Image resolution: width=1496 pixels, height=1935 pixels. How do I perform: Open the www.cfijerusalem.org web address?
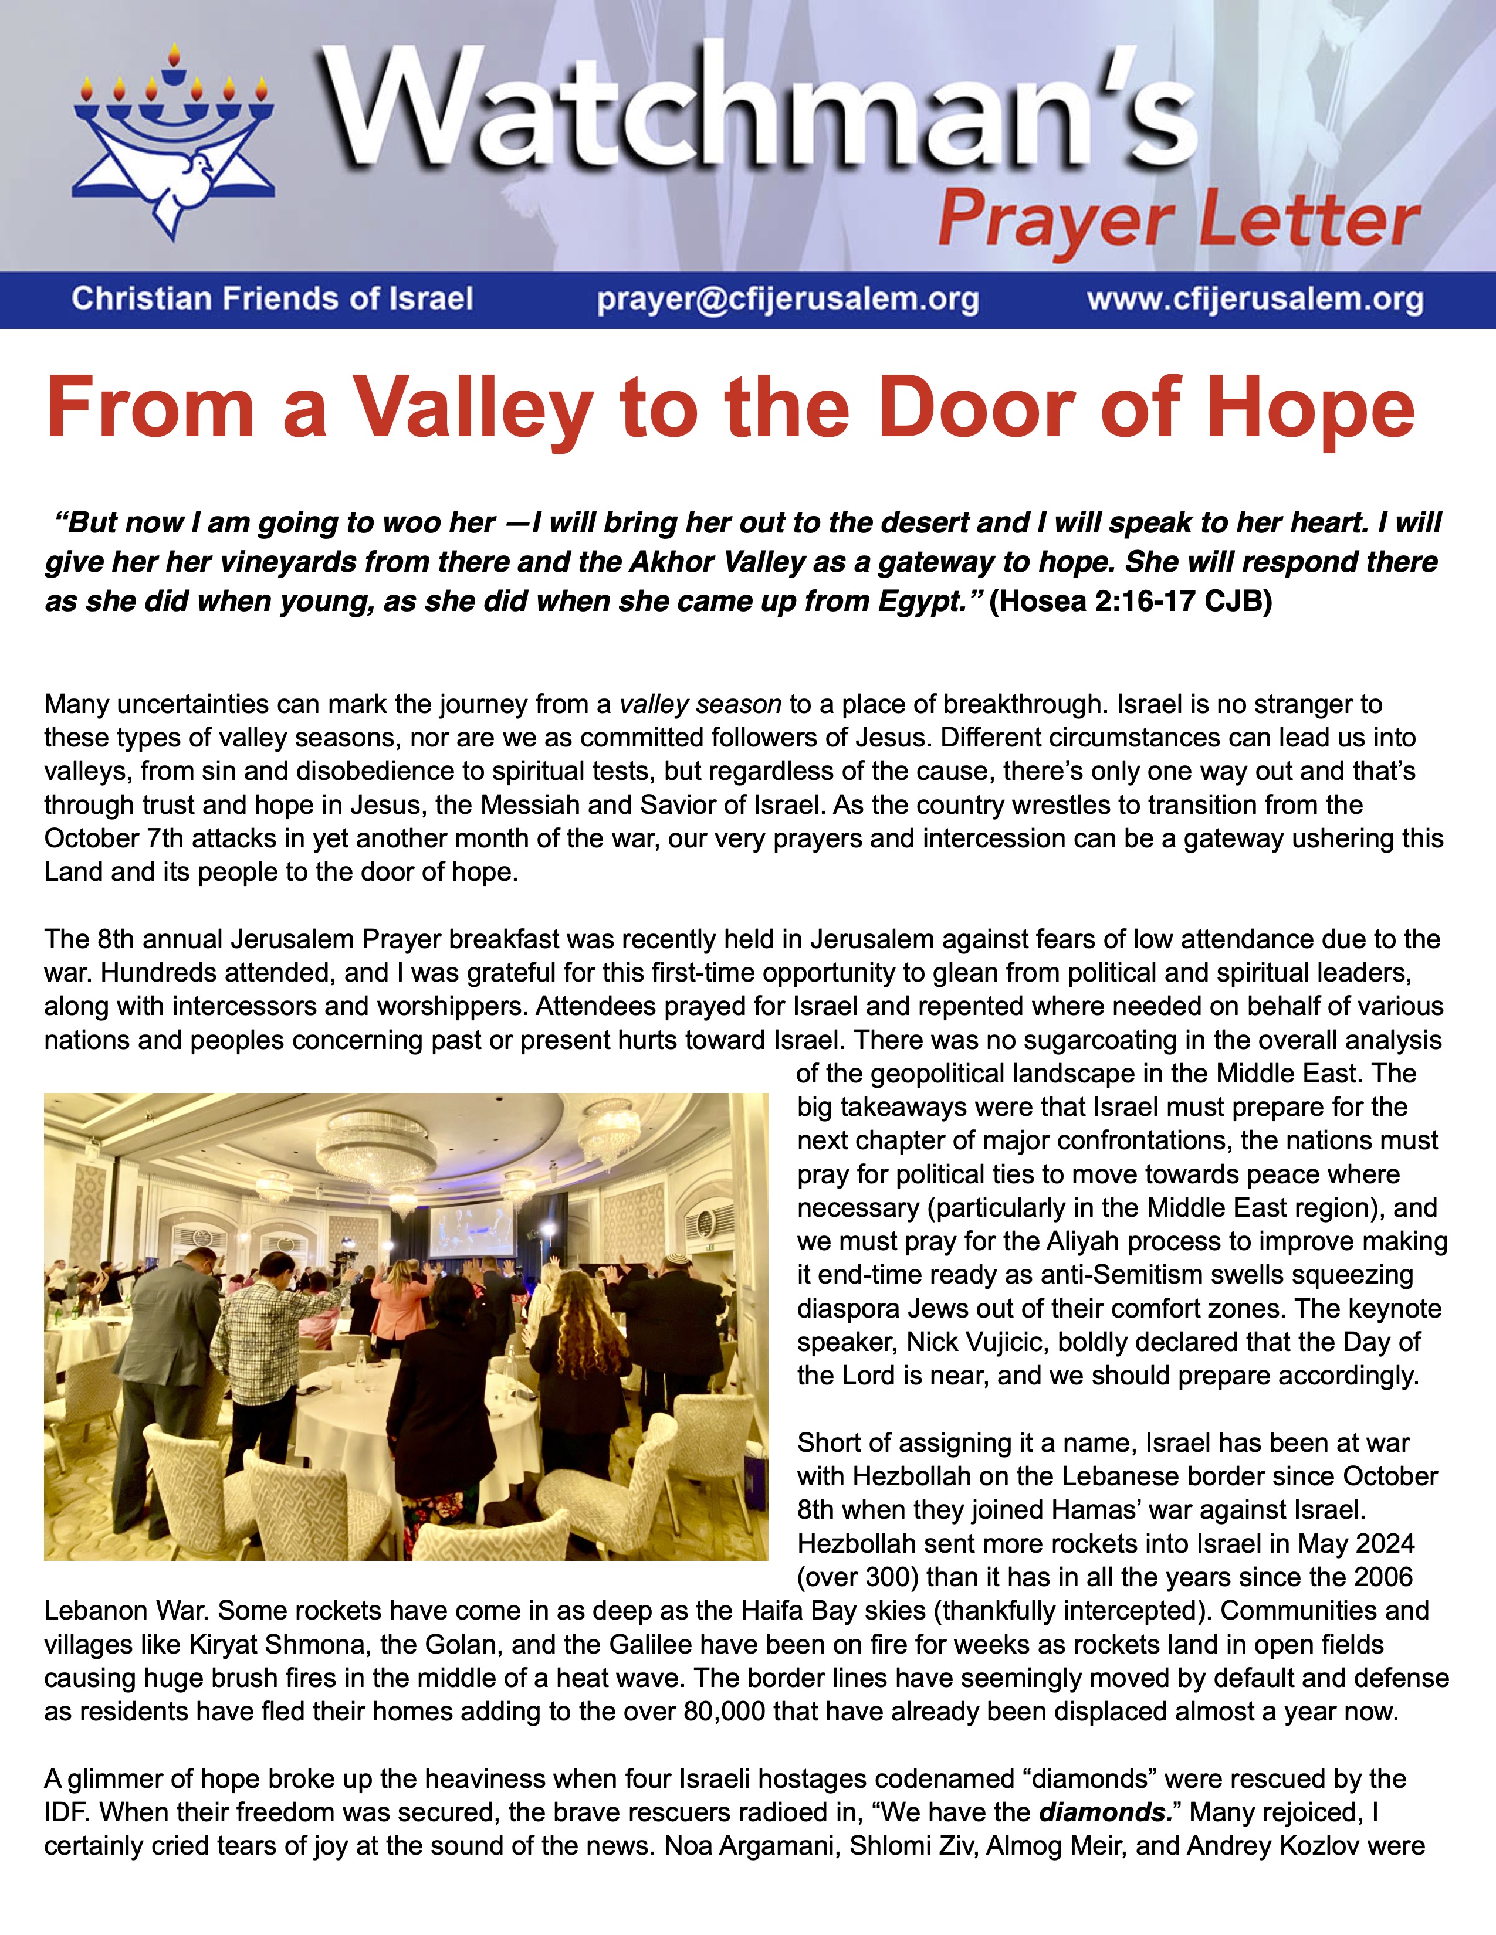click(1255, 300)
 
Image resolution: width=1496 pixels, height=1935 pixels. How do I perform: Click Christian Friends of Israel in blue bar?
click(272, 300)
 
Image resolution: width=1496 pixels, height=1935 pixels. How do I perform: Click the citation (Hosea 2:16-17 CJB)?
click(1130, 602)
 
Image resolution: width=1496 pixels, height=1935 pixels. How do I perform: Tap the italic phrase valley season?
click(700, 704)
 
